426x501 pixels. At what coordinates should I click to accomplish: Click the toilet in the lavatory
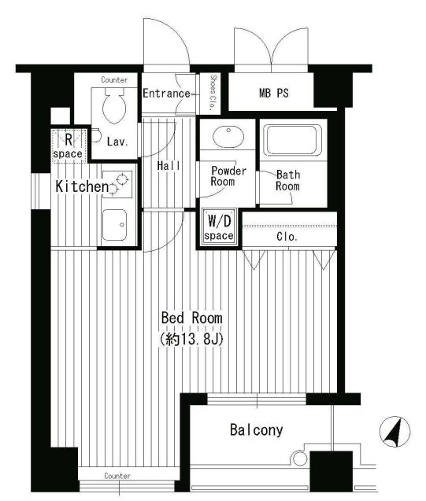[x=114, y=105]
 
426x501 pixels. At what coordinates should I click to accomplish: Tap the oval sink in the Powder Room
[x=228, y=137]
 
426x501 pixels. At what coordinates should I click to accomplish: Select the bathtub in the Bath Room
[x=293, y=140]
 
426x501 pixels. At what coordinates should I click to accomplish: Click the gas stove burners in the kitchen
[x=117, y=184]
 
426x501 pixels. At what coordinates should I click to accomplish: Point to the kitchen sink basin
[x=114, y=225]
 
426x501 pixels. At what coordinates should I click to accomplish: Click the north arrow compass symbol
[x=395, y=432]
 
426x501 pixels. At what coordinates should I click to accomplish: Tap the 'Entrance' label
[x=166, y=94]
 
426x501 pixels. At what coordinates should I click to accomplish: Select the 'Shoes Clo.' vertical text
[x=213, y=93]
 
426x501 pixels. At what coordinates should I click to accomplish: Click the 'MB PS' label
[x=274, y=94]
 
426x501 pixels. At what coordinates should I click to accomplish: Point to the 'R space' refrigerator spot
[x=69, y=146]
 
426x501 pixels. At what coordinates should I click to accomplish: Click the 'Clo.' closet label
[x=287, y=237]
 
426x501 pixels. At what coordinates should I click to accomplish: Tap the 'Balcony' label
[x=257, y=430]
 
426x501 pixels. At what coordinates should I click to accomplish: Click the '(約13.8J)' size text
[x=191, y=339]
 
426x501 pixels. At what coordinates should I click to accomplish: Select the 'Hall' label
[x=169, y=165]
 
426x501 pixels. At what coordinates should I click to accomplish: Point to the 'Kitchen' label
[x=82, y=186]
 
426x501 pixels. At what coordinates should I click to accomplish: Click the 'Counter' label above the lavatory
[x=114, y=79]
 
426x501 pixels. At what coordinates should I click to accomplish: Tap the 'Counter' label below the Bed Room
[x=117, y=476]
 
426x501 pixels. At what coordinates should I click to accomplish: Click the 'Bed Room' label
[x=191, y=318]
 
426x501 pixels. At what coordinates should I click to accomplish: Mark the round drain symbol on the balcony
[x=300, y=459]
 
